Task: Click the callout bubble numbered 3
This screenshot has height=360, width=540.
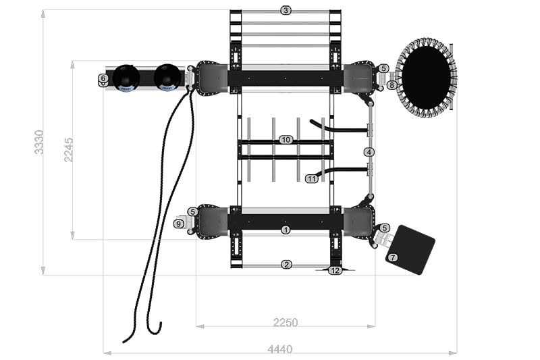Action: coord(286,10)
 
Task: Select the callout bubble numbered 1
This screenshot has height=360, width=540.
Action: coord(286,230)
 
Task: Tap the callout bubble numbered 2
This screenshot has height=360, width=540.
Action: coord(286,265)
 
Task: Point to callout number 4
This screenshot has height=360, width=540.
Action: coord(369,152)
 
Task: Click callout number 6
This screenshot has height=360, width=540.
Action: coord(103,78)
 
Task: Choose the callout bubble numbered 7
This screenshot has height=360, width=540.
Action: coord(393,257)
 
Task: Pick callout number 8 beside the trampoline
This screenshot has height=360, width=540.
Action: coord(391,84)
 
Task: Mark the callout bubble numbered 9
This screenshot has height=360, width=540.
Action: coord(179,224)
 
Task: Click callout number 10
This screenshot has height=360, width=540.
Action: coord(286,140)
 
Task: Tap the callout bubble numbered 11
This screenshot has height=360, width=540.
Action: coord(312,178)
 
